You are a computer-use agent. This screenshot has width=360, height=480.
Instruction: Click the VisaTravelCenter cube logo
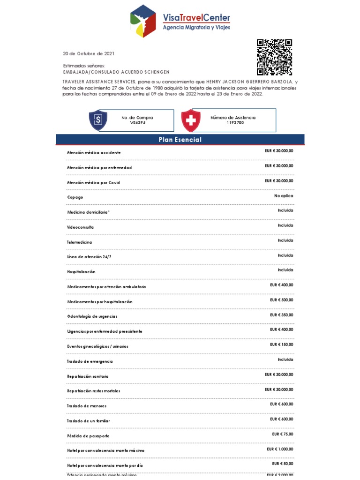pyautogui.click(x=143, y=21)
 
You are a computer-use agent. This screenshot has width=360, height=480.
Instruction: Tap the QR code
pyautogui.click(x=274, y=57)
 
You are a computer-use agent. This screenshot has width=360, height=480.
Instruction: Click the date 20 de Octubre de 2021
pyautogui.click(x=89, y=53)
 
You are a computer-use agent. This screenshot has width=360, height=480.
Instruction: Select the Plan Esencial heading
pyautogui.click(x=180, y=140)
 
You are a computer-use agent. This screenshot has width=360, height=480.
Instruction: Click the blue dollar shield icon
pyautogui.click(x=98, y=120)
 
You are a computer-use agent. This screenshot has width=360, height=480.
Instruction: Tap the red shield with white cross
pyautogui.click(x=190, y=120)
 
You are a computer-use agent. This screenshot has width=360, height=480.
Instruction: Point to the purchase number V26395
pyautogui.click(x=137, y=123)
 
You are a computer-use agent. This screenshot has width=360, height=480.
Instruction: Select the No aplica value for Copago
pyautogui.click(x=284, y=195)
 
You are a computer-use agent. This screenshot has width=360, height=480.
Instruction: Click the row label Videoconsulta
pyautogui.click(x=81, y=227)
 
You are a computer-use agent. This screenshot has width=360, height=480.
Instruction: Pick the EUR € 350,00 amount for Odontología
pyautogui.click(x=281, y=315)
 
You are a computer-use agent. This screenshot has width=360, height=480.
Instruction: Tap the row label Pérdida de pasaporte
pyautogui.click(x=88, y=436)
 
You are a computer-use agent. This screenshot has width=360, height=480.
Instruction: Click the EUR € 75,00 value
pyautogui.click(x=282, y=434)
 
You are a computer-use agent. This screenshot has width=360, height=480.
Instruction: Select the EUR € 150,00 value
pyautogui.click(x=281, y=345)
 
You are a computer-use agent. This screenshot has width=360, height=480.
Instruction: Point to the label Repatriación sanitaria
pyautogui.click(x=88, y=376)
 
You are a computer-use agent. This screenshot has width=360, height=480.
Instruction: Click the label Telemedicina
pyautogui.click(x=79, y=242)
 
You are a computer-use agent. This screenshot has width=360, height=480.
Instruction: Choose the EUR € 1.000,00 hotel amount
pyautogui.click(x=280, y=449)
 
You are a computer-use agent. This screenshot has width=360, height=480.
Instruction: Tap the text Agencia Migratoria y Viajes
pyautogui.click(x=196, y=28)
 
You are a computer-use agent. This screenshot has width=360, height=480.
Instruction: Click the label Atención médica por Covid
pyautogui.click(x=94, y=182)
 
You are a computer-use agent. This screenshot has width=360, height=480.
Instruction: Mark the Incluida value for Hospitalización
pyautogui.click(x=285, y=270)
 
